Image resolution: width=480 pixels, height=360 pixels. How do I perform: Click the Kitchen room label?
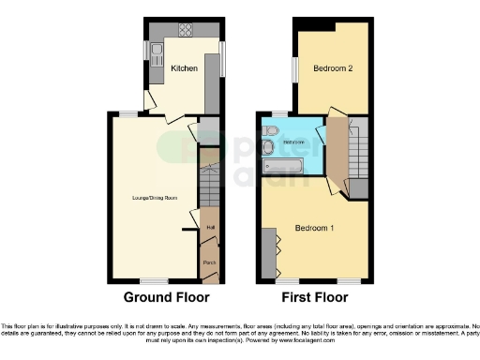[x=183, y=67]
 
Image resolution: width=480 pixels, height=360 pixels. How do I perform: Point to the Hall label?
[x=209, y=226]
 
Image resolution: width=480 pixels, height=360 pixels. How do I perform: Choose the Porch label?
[x=209, y=263]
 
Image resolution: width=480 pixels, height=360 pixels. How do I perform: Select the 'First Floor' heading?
[x=315, y=298]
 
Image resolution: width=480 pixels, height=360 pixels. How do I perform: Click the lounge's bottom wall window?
[x=152, y=281]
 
